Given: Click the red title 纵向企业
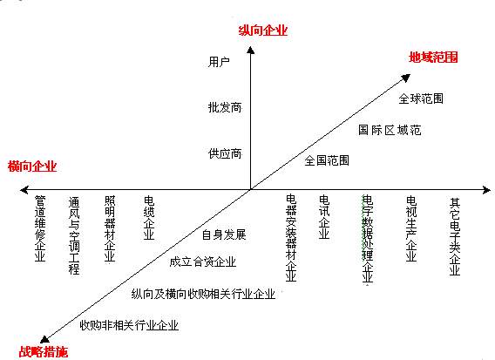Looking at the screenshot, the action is coord(263,31).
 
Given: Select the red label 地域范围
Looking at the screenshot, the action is coord(433,58).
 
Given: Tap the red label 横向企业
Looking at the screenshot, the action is coord(32,166).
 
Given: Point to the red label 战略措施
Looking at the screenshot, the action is coord(44,351).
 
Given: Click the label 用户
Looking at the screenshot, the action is coord(219,62).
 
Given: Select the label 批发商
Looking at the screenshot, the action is coord(225,107).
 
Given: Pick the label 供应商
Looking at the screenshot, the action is coord(225,153).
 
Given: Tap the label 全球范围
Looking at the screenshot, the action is coord(421,98).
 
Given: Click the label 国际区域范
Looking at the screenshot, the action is coord(390,130).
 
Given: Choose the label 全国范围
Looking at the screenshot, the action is coord(327,160).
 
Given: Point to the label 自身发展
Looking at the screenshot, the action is coord(224,234).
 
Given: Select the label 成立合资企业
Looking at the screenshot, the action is coord(203,262).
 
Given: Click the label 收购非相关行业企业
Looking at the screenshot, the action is coord(129,325).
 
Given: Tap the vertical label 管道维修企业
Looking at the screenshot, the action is coord(40,228).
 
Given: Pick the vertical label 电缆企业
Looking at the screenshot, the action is coord(149,218).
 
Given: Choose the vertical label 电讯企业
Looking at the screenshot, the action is coord(324,217).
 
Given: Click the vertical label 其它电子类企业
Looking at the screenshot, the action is coord(455,236).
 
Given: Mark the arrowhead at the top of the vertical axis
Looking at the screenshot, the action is coord(251,50).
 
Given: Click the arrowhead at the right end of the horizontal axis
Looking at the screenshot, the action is coord(486,190).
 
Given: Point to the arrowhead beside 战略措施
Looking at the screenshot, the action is coord(44,339).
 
